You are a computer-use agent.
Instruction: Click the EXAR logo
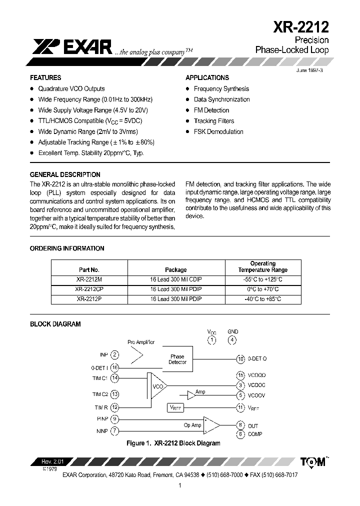[x=72, y=47]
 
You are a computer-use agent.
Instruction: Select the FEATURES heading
[x=45, y=77]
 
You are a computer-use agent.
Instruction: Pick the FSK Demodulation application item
[x=218, y=132]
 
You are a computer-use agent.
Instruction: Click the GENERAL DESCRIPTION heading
[x=65, y=174]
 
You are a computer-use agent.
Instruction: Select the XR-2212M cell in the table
[x=89, y=279]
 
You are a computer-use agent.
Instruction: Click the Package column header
[x=176, y=269]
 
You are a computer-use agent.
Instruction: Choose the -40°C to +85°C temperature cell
[x=263, y=299]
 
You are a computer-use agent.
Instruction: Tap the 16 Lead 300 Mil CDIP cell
[x=176, y=279]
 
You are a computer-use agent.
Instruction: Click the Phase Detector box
[x=177, y=359]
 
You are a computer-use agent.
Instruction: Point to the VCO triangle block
[x=157, y=385]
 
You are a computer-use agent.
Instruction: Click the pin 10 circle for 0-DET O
[x=240, y=358]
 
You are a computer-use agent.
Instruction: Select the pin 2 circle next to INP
[x=115, y=354]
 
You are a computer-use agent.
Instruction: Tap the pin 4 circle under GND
[x=232, y=340]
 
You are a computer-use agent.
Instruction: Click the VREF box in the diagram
[x=176, y=408]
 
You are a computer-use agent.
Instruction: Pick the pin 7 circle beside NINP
[x=115, y=430]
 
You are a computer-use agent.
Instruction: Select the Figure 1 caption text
[x=173, y=443]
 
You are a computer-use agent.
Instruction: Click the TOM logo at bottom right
[x=313, y=461]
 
